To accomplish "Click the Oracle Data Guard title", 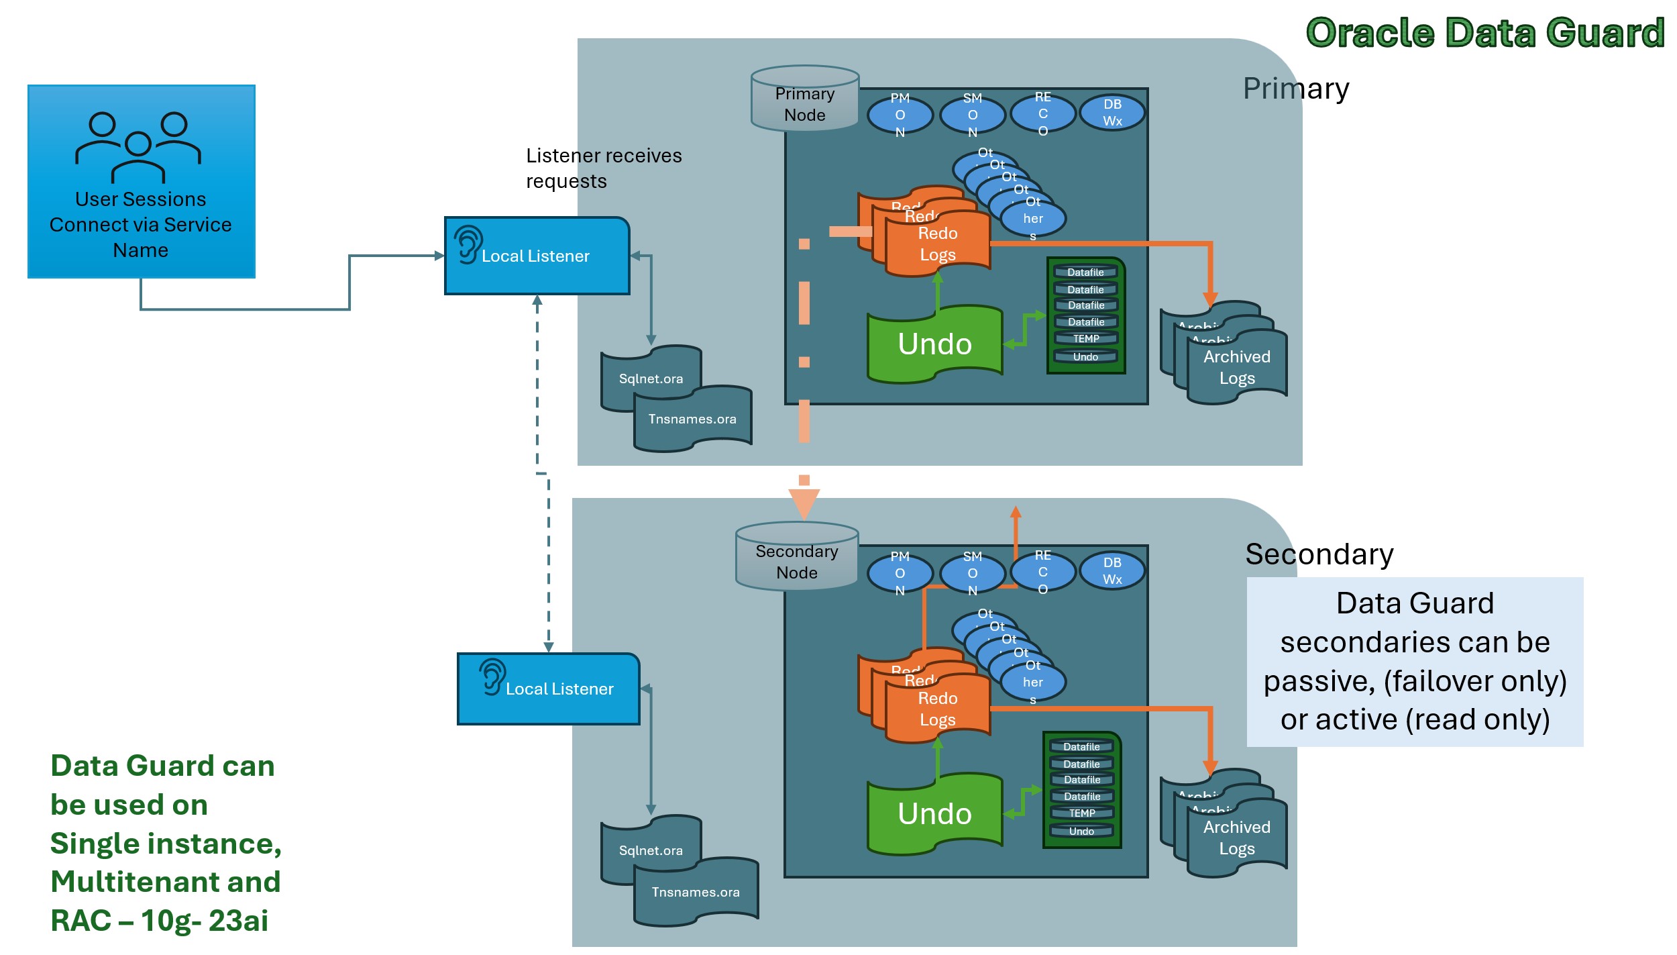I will pos(1484,33).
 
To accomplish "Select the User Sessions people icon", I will pos(138,146).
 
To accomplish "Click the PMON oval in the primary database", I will pos(900,115).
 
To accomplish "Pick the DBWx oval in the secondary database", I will pos(1112,570).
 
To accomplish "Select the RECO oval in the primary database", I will pos(1042,113).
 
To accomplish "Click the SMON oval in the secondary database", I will pos(972,572).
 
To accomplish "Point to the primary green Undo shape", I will pos(934,344).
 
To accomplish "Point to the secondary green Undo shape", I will pos(934,813).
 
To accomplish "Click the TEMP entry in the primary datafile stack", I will pos(1085,339).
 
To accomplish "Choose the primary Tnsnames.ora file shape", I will pos(692,419).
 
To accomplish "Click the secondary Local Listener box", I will pos(548,689).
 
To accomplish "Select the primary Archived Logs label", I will pos(1236,367).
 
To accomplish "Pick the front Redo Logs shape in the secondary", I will pos(937,709).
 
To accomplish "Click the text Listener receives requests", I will pos(603,168).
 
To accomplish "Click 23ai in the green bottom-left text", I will pos(238,920).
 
